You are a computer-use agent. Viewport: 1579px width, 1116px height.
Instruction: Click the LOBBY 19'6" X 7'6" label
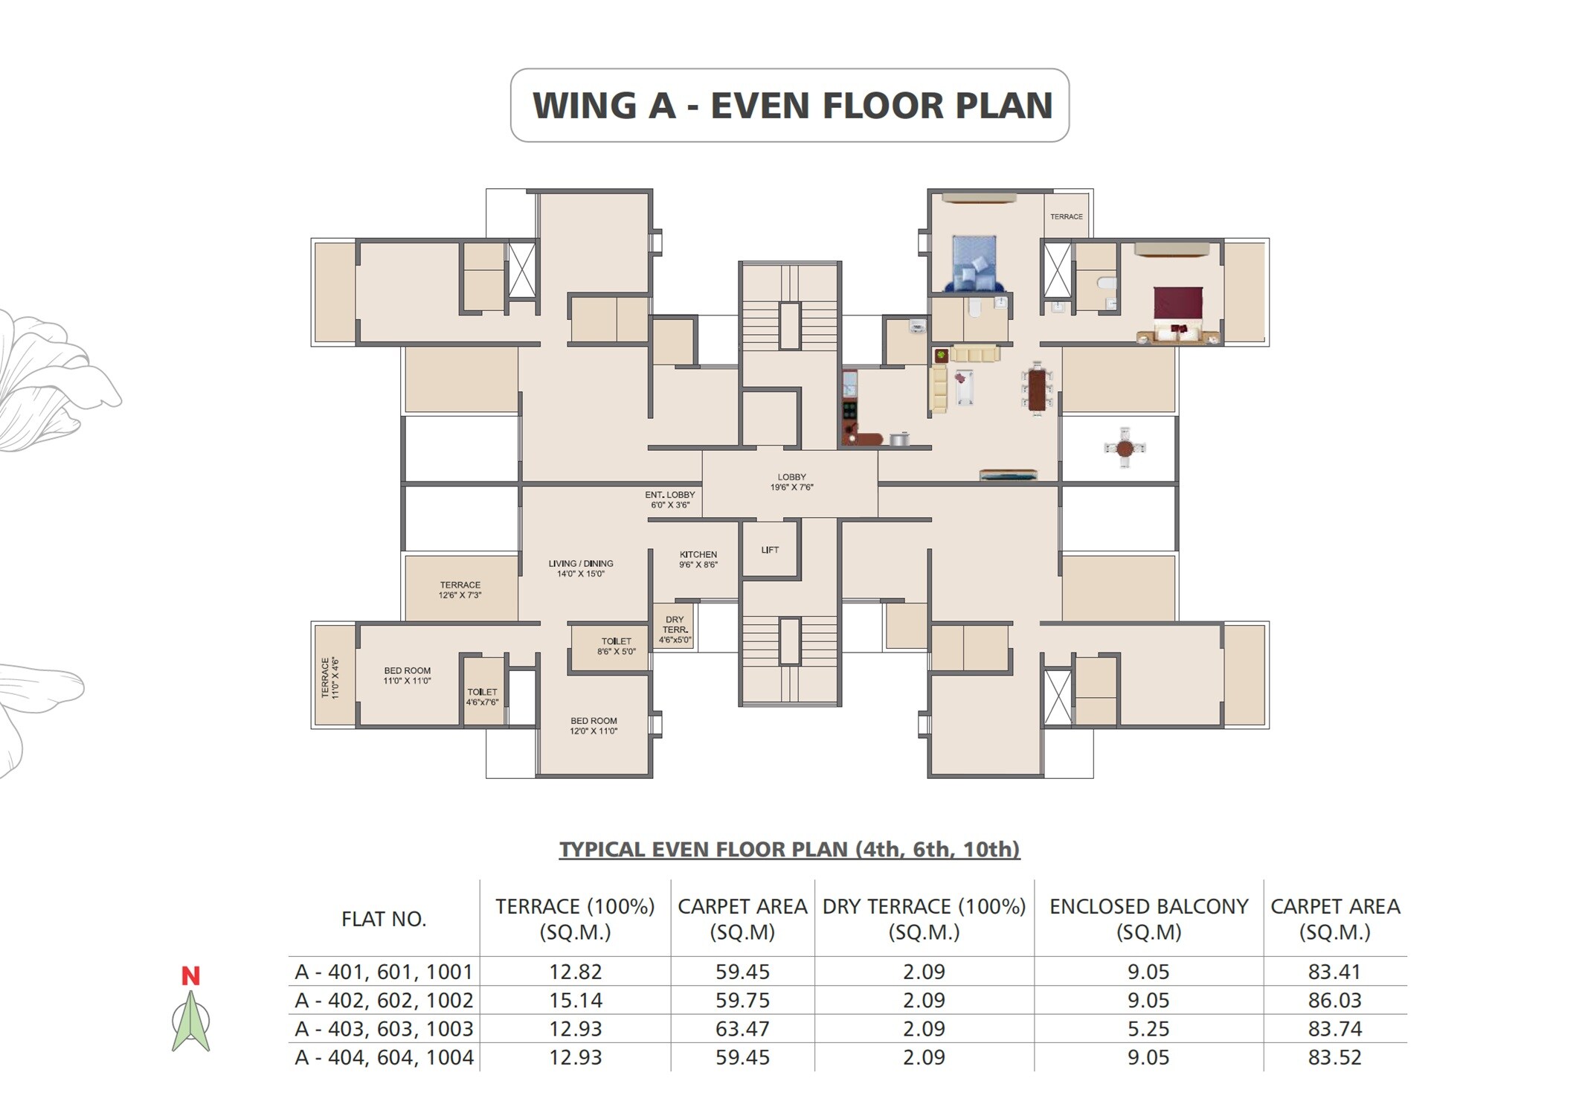791,482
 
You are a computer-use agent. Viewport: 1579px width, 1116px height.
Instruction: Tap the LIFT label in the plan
770,550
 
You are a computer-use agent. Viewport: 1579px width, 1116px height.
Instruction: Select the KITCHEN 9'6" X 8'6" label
698,559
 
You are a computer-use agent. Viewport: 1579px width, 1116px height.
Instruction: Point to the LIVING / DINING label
581,568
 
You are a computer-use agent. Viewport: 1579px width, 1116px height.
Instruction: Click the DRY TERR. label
675,629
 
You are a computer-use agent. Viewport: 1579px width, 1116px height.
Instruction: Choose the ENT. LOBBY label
669,499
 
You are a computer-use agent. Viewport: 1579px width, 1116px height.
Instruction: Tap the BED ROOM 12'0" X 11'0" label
594,725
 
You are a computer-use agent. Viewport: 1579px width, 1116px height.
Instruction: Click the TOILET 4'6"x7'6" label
482,696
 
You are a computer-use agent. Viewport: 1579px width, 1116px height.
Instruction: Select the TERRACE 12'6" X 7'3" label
460,590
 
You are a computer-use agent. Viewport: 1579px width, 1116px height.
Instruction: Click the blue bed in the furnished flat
974,263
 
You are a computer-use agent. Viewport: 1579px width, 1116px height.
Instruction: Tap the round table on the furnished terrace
1125,448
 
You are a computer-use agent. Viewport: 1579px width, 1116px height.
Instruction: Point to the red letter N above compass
190,975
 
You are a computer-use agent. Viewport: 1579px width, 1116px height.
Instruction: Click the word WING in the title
583,106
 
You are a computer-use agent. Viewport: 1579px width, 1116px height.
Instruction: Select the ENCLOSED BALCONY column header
1148,918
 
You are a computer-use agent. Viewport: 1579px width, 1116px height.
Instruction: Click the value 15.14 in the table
575,1000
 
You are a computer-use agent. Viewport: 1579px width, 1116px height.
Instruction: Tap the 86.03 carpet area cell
1334,1000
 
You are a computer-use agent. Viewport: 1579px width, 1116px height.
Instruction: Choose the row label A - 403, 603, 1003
384,1028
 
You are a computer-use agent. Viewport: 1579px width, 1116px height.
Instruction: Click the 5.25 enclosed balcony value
1148,1028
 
